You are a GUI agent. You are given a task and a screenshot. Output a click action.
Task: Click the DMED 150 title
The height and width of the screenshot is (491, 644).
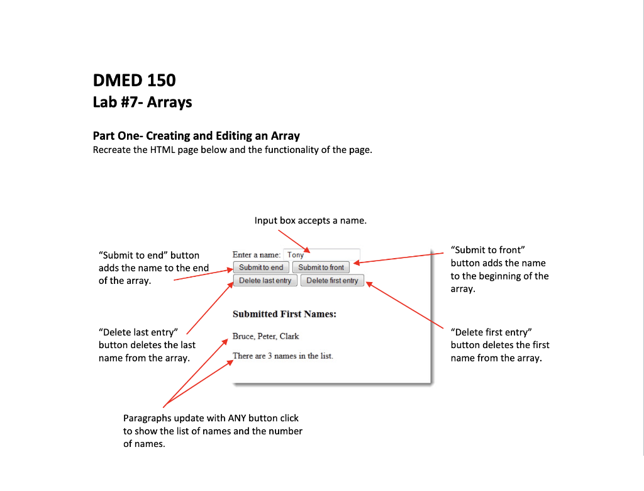pyautogui.click(x=134, y=81)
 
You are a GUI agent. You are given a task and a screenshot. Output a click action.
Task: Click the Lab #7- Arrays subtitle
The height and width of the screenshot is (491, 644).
pyautogui.click(x=142, y=102)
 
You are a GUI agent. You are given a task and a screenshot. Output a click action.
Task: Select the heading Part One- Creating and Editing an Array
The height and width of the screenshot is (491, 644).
pyautogui.click(x=196, y=136)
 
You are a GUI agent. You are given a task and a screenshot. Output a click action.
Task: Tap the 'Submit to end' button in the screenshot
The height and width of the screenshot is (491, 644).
pyautogui.click(x=261, y=268)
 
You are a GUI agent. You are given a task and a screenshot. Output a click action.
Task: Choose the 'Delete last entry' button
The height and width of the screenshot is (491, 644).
pyautogui.click(x=265, y=281)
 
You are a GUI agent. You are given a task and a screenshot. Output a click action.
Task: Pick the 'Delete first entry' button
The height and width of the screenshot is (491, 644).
pyautogui.click(x=332, y=281)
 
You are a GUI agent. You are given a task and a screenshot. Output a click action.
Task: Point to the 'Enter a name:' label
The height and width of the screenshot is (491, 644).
pyautogui.click(x=257, y=255)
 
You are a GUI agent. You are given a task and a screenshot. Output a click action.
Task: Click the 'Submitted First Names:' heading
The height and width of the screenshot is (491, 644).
pyautogui.click(x=284, y=314)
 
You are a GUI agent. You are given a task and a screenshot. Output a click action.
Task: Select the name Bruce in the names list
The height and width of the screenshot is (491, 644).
pyautogui.click(x=243, y=336)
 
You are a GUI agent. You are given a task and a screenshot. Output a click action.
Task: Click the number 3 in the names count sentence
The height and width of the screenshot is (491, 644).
pyautogui.click(x=269, y=356)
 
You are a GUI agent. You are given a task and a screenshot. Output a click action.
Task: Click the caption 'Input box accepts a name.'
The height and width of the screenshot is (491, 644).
pyautogui.click(x=310, y=221)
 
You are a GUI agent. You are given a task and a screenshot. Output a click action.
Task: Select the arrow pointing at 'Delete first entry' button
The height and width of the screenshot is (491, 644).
pyautogui.click(x=409, y=305)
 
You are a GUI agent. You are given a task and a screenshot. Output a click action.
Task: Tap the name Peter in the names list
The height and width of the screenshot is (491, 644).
pyautogui.click(x=267, y=336)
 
